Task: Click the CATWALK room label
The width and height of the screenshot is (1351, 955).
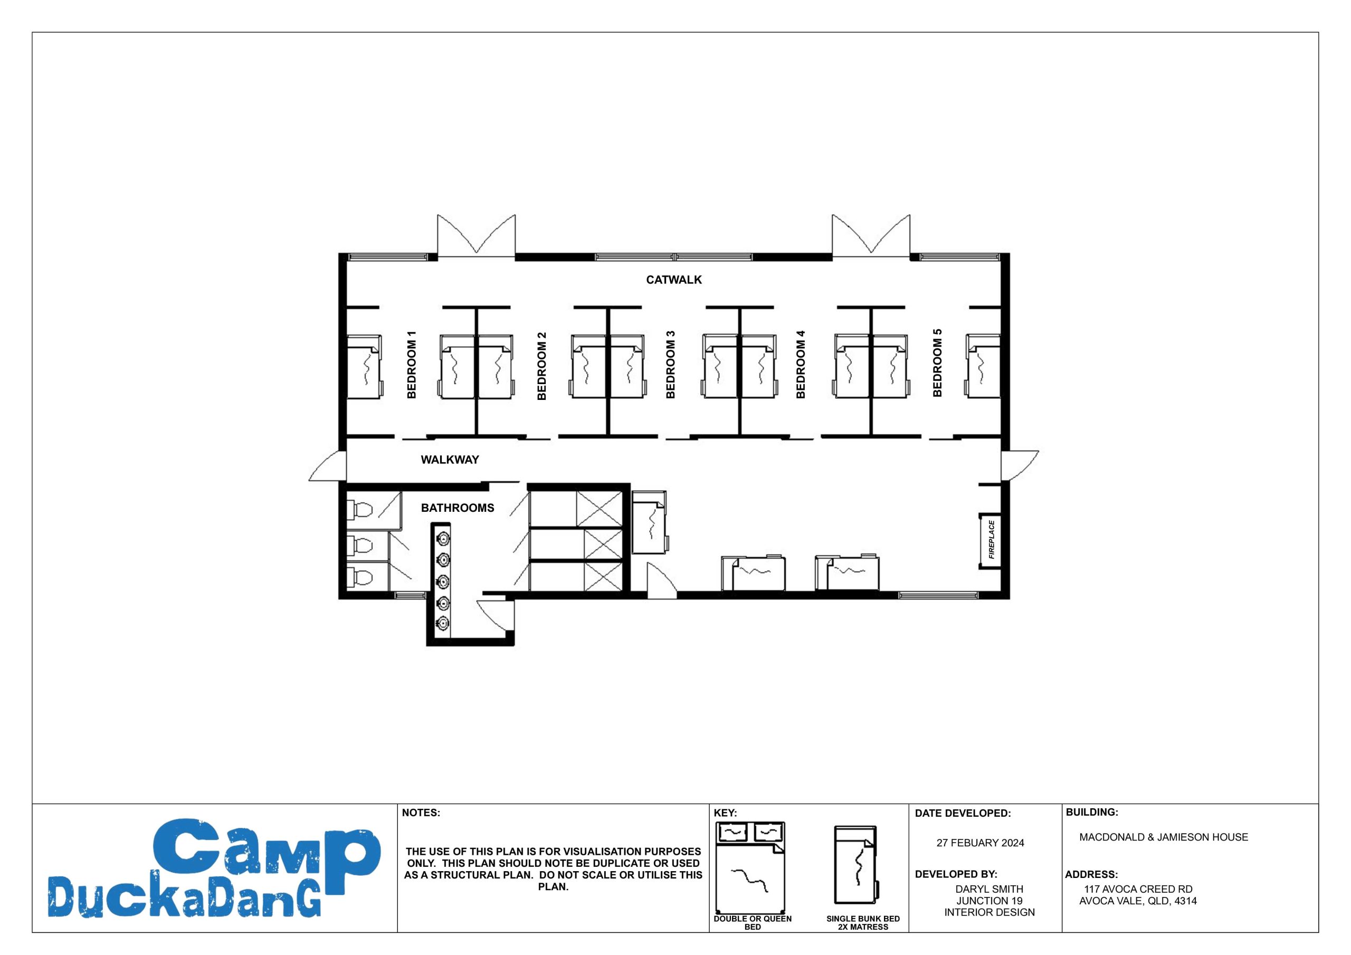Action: (674, 280)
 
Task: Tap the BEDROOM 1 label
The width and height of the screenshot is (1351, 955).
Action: (412, 365)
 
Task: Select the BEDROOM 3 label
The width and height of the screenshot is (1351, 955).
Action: (670, 365)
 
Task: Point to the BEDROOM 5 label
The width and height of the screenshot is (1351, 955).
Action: (937, 362)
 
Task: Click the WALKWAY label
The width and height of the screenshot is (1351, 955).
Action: (450, 460)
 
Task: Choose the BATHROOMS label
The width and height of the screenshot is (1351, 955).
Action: (457, 508)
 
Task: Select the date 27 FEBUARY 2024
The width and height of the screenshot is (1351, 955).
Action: (981, 843)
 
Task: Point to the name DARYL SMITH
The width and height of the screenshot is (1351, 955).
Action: (989, 889)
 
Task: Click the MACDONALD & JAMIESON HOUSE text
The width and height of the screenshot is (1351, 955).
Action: (1163, 837)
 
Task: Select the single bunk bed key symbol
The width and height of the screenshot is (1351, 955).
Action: (856, 865)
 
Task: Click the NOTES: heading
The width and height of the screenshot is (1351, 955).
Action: (421, 813)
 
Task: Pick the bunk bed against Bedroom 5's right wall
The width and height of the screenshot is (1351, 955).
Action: (983, 366)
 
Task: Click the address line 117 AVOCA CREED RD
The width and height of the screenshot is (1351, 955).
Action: (1138, 889)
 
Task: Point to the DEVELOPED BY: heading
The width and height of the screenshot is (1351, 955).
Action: (956, 874)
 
